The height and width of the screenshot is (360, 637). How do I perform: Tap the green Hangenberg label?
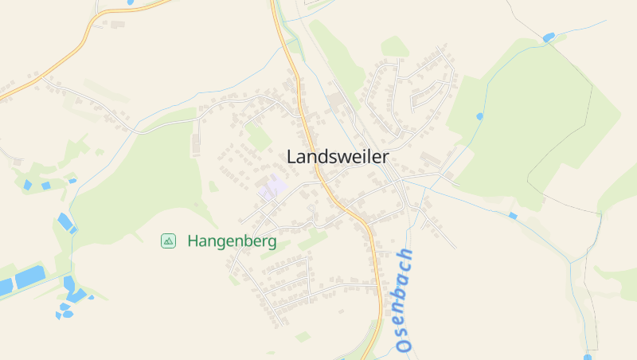tap(232, 241)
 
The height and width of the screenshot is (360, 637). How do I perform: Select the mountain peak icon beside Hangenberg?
tap(168, 241)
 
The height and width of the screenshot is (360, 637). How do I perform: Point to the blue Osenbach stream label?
tap(404, 299)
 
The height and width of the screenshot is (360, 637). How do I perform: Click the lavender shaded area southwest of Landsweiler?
tap(273, 189)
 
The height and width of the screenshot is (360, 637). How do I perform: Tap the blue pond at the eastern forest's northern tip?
tap(548, 37)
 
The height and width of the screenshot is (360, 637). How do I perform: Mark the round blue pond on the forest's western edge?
tap(479, 116)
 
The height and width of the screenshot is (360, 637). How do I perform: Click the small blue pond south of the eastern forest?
tap(513, 216)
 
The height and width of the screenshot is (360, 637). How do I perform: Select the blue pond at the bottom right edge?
tap(588, 357)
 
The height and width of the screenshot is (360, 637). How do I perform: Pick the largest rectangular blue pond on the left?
tap(30, 277)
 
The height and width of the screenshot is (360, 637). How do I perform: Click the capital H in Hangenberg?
tap(193, 241)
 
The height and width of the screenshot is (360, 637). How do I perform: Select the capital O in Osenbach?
tap(403, 345)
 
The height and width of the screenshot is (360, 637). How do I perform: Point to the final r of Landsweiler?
tap(385, 157)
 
